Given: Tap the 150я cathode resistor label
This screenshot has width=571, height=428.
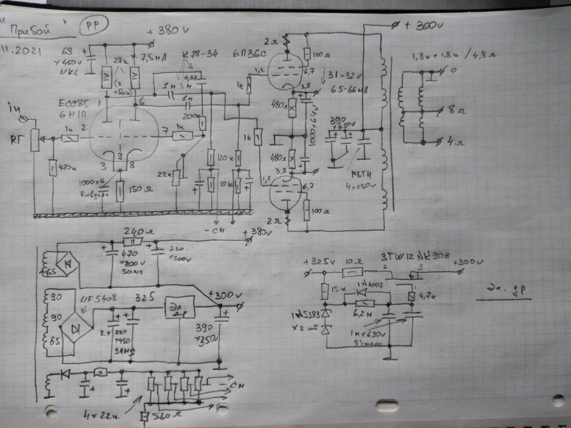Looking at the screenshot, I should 140,189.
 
